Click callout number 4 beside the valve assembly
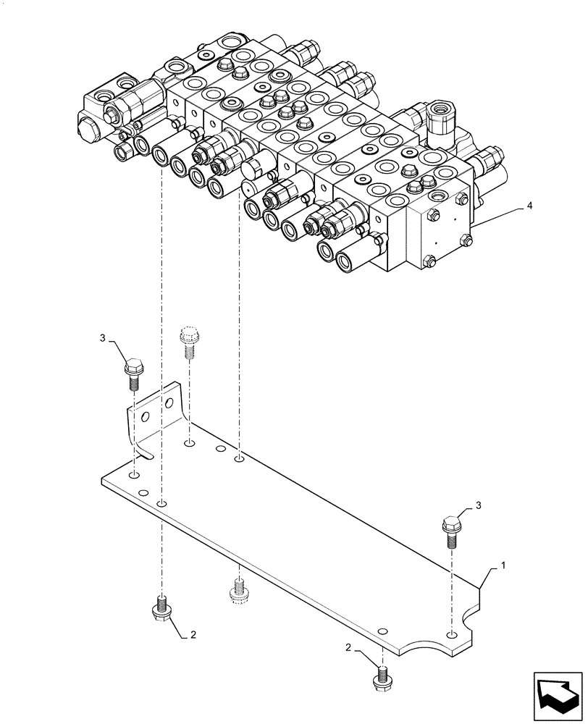(529, 206)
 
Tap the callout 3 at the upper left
(104, 338)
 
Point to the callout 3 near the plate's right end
(479, 505)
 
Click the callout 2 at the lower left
(193, 635)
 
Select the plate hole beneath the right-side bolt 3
(452, 633)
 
